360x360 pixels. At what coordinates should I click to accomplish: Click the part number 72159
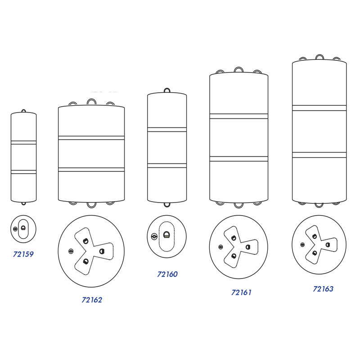(23, 254)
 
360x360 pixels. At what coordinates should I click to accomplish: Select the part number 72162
(92, 300)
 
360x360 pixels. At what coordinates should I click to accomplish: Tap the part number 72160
(167, 274)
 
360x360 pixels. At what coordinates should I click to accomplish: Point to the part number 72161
(241, 292)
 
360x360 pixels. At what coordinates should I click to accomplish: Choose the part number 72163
(323, 289)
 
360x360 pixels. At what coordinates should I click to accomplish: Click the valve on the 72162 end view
(71, 252)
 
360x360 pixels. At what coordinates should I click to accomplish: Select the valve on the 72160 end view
(154, 236)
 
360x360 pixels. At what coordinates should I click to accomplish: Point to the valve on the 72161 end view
(220, 247)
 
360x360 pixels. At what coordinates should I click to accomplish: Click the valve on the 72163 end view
(302, 245)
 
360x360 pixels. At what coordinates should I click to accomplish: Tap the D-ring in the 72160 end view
(166, 234)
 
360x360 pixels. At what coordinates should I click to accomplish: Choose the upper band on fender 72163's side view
(319, 108)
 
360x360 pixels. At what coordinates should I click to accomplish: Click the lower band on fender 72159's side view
(24, 172)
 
